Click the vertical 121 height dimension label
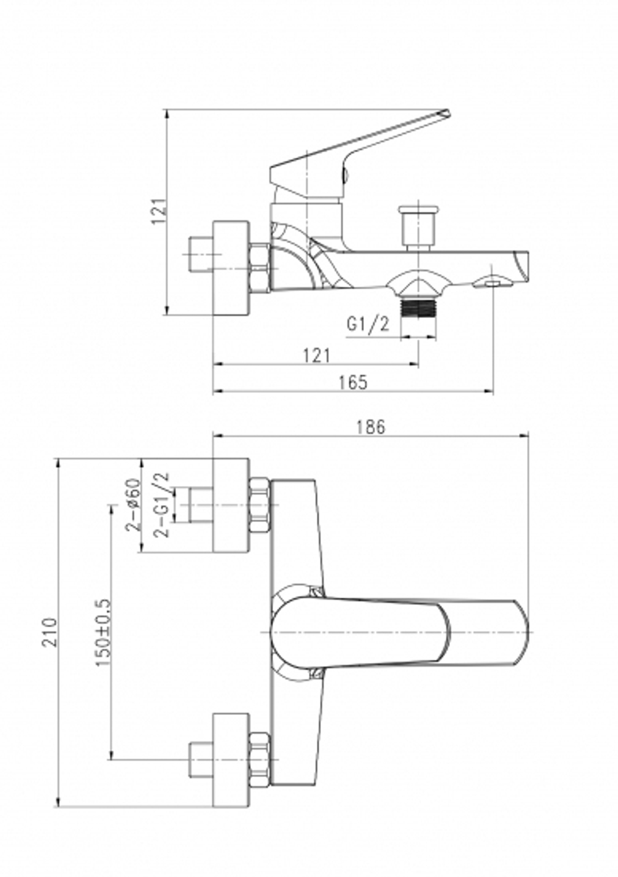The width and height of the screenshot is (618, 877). coord(159,211)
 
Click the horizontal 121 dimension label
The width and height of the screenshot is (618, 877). coord(316,355)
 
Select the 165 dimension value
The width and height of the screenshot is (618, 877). coord(353,382)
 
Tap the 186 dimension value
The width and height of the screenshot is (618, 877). coord(371,426)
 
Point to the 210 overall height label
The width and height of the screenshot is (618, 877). coord(49,631)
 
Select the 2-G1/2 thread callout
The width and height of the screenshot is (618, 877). coord(163,505)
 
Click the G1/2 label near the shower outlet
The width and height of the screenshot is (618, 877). coord(368,323)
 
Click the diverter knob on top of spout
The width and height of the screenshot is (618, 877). coord(418,226)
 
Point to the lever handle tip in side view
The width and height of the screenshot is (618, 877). coord(444,114)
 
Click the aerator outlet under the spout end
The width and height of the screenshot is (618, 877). coord(493,283)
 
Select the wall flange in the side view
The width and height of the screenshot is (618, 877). coord(231,268)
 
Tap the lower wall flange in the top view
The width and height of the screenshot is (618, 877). coord(231,759)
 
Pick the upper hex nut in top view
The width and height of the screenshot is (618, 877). coord(260,505)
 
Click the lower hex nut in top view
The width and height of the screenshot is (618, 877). coord(260,759)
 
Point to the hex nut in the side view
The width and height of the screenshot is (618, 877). coord(259,268)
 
